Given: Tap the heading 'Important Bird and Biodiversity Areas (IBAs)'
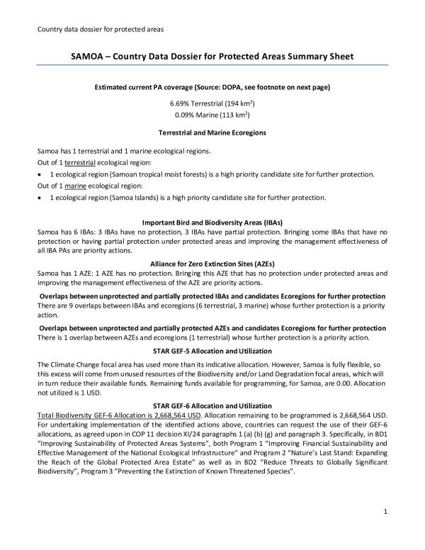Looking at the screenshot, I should pyautogui.click(x=211, y=222).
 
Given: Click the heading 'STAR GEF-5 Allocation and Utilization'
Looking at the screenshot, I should pyautogui.click(x=211, y=352).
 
